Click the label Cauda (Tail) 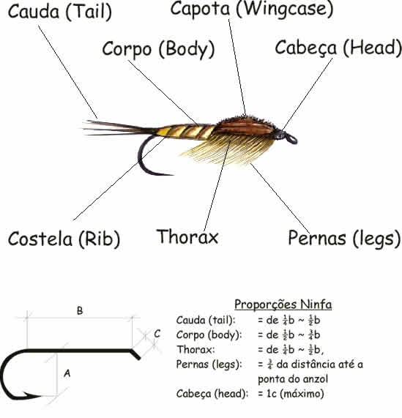click(60, 12)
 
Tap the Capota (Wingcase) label click(252, 9)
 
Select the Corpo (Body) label click(159, 50)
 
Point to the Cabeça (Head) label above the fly click(338, 48)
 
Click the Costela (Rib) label click(64, 239)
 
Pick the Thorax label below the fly click(187, 236)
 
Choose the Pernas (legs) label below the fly click(344, 239)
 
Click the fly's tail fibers click(117, 128)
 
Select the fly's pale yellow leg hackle click(229, 150)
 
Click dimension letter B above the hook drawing click(80, 311)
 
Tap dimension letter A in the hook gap click(67, 373)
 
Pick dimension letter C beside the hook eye click(157, 334)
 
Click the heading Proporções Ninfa click(283, 305)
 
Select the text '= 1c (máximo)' click(291, 393)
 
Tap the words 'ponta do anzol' click(293, 379)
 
